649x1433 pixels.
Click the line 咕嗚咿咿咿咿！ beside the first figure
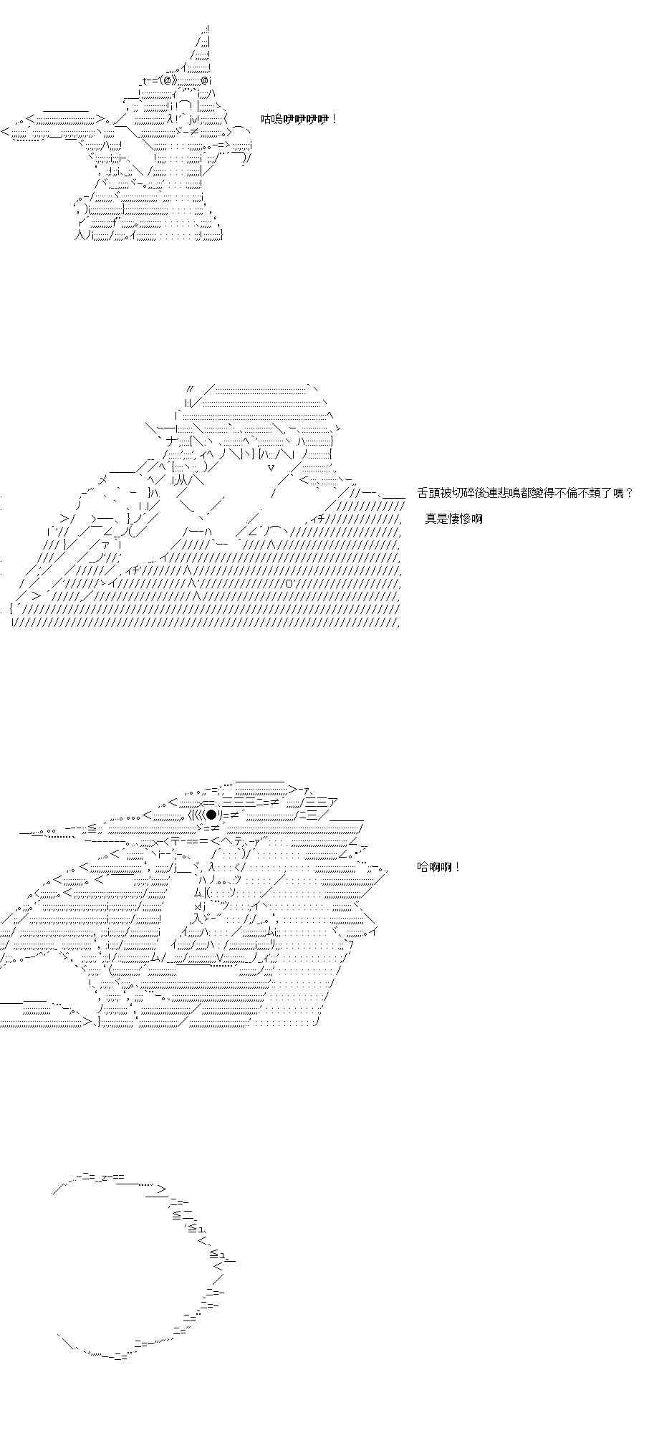click(299, 120)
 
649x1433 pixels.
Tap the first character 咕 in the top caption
click(266, 120)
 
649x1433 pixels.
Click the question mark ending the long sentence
click(629, 493)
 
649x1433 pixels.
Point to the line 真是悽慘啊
click(453, 519)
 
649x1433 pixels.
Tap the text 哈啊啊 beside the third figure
click(434, 867)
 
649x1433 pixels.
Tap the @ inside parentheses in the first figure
click(159, 81)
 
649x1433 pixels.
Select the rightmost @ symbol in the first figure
click(205, 81)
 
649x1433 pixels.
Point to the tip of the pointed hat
click(207, 27)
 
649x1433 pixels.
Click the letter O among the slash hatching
click(288, 583)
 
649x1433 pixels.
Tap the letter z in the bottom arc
click(104, 1177)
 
